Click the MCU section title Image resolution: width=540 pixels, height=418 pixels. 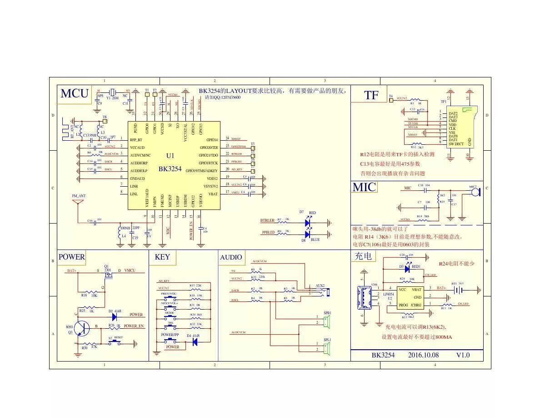[x=75, y=93]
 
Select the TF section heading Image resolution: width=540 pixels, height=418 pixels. [x=371, y=95]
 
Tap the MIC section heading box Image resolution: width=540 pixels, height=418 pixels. [x=364, y=187]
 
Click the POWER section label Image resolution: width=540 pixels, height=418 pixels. [x=71, y=257]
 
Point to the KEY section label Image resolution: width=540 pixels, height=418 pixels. [x=162, y=257]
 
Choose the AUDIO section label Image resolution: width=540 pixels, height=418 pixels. [x=231, y=257]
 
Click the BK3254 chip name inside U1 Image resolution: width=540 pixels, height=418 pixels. [x=170, y=169]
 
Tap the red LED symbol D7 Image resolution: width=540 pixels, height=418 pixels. [x=308, y=223]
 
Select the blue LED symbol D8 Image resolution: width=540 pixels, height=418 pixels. [x=308, y=234]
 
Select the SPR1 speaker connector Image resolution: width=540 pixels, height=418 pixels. [x=326, y=321]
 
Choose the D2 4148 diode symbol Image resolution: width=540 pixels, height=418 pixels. [x=114, y=315]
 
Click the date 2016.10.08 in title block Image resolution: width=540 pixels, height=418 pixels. [x=423, y=355]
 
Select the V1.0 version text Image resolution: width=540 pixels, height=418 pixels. [x=463, y=355]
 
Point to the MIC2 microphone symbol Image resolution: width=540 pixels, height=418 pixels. [x=475, y=192]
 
